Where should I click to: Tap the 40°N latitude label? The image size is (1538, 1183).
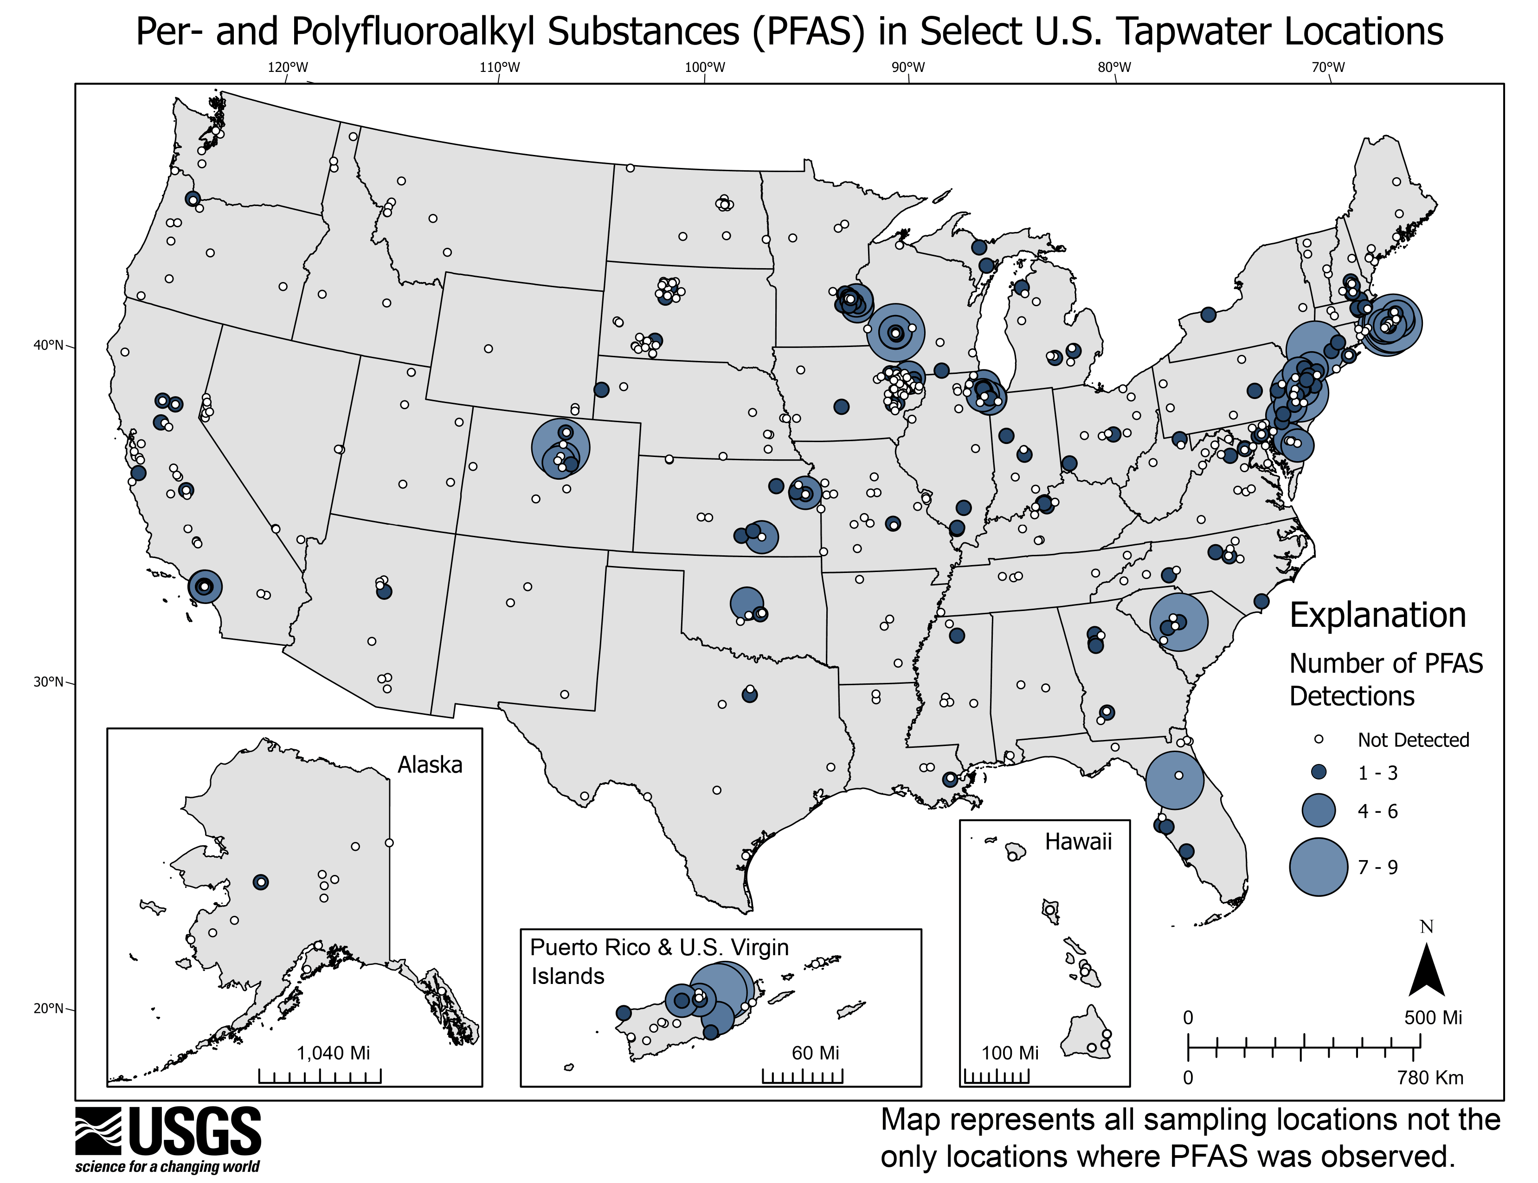pos(49,345)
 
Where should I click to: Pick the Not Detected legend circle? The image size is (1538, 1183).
pos(1319,739)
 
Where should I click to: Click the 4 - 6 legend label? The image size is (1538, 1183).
pos(1377,811)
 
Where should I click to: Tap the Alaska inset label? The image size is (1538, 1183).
pos(430,764)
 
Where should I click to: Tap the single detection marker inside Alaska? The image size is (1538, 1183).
pos(261,881)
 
